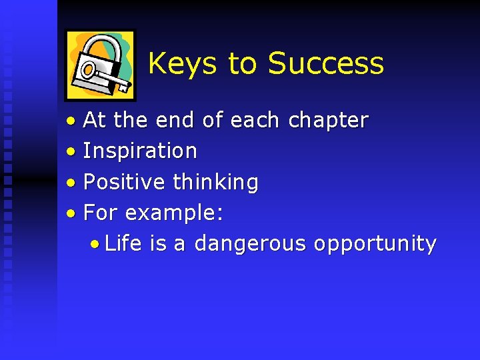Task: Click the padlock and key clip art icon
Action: [x=100, y=65]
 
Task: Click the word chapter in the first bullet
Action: [x=328, y=121]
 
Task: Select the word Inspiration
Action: [x=140, y=151]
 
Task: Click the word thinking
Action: [x=215, y=182]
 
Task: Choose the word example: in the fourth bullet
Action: [x=174, y=213]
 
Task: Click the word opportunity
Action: [x=375, y=245]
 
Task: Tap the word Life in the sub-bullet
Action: [x=123, y=243]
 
